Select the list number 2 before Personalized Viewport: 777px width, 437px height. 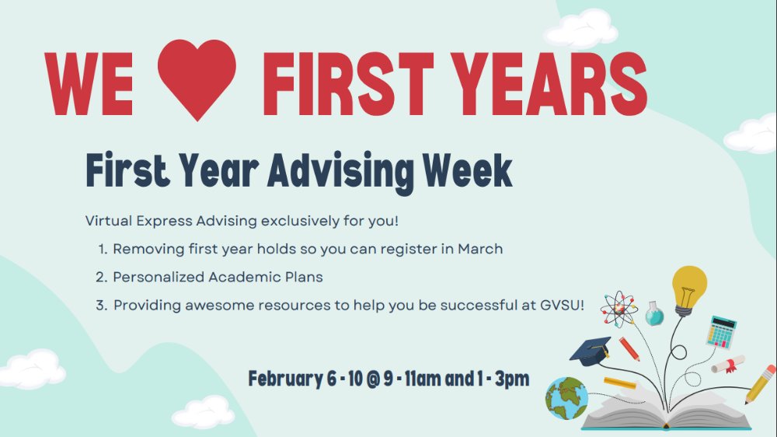(x=100, y=277)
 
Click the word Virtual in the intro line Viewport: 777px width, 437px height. (x=108, y=221)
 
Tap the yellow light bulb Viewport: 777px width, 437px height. (x=688, y=288)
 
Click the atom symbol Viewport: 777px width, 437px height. (x=619, y=309)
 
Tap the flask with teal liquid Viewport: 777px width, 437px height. (x=655, y=313)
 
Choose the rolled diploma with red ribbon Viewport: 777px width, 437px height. (x=728, y=364)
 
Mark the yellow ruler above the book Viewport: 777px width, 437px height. (x=619, y=383)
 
